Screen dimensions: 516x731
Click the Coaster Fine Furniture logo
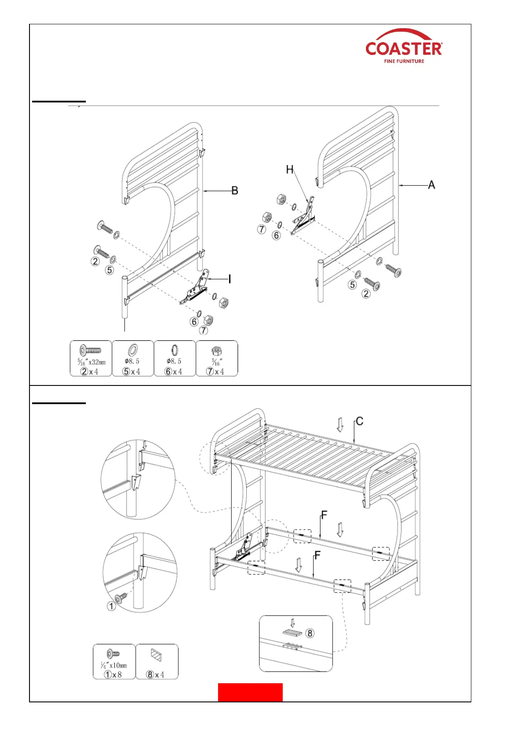click(404, 47)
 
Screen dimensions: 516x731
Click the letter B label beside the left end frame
click(235, 191)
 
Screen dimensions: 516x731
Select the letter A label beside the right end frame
click(431, 185)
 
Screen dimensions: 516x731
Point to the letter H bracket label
click(290, 170)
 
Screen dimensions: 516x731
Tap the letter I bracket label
click(229, 280)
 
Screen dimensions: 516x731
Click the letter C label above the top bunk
click(359, 421)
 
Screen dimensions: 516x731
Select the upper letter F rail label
click(324, 515)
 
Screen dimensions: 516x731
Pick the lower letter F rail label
click(317, 555)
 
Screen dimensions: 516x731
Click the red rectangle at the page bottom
click(250, 692)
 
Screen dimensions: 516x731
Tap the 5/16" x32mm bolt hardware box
click(91, 359)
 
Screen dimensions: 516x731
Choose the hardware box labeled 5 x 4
click(132, 359)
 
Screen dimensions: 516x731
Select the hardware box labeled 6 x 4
click(174, 359)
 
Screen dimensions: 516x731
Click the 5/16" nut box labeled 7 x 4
click(216, 359)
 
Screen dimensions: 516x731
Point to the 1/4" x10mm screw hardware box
click(114, 662)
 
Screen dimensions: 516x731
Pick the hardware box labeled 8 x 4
click(157, 662)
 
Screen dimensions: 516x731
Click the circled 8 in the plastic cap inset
click(310, 633)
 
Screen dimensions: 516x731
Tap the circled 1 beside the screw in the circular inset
click(111, 606)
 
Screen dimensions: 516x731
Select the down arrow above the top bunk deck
click(340, 425)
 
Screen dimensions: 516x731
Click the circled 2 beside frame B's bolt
click(95, 261)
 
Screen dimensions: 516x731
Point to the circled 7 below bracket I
click(203, 330)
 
